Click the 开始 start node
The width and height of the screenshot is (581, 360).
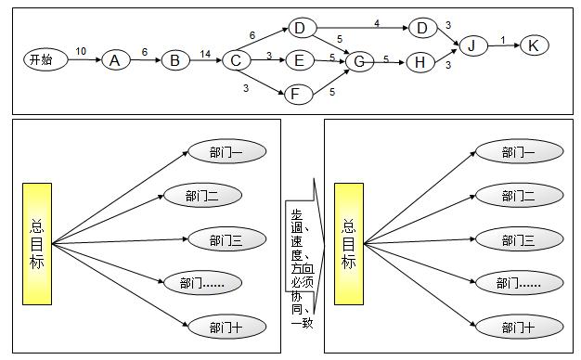point(42,59)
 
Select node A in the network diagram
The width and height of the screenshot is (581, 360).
point(115,60)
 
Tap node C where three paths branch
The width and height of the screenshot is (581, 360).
point(237,60)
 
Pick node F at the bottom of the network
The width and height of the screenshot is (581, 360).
point(296,94)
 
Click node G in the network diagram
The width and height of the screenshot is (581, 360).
point(358,61)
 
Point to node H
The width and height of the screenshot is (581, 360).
point(420,61)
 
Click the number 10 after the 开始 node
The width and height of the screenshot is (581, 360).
point(81,51)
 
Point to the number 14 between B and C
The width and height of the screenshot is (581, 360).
point(205,53)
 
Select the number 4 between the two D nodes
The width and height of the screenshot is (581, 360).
point(377,22)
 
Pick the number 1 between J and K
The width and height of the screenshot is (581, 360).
point(503,39)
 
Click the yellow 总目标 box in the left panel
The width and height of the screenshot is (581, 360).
point(38,243)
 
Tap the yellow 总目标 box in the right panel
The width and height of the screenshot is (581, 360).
point(349,243)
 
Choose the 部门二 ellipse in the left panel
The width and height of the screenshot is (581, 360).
point(202,195)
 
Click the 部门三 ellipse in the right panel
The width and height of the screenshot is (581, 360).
point(518,240)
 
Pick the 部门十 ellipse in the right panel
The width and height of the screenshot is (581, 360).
point(518,328)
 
